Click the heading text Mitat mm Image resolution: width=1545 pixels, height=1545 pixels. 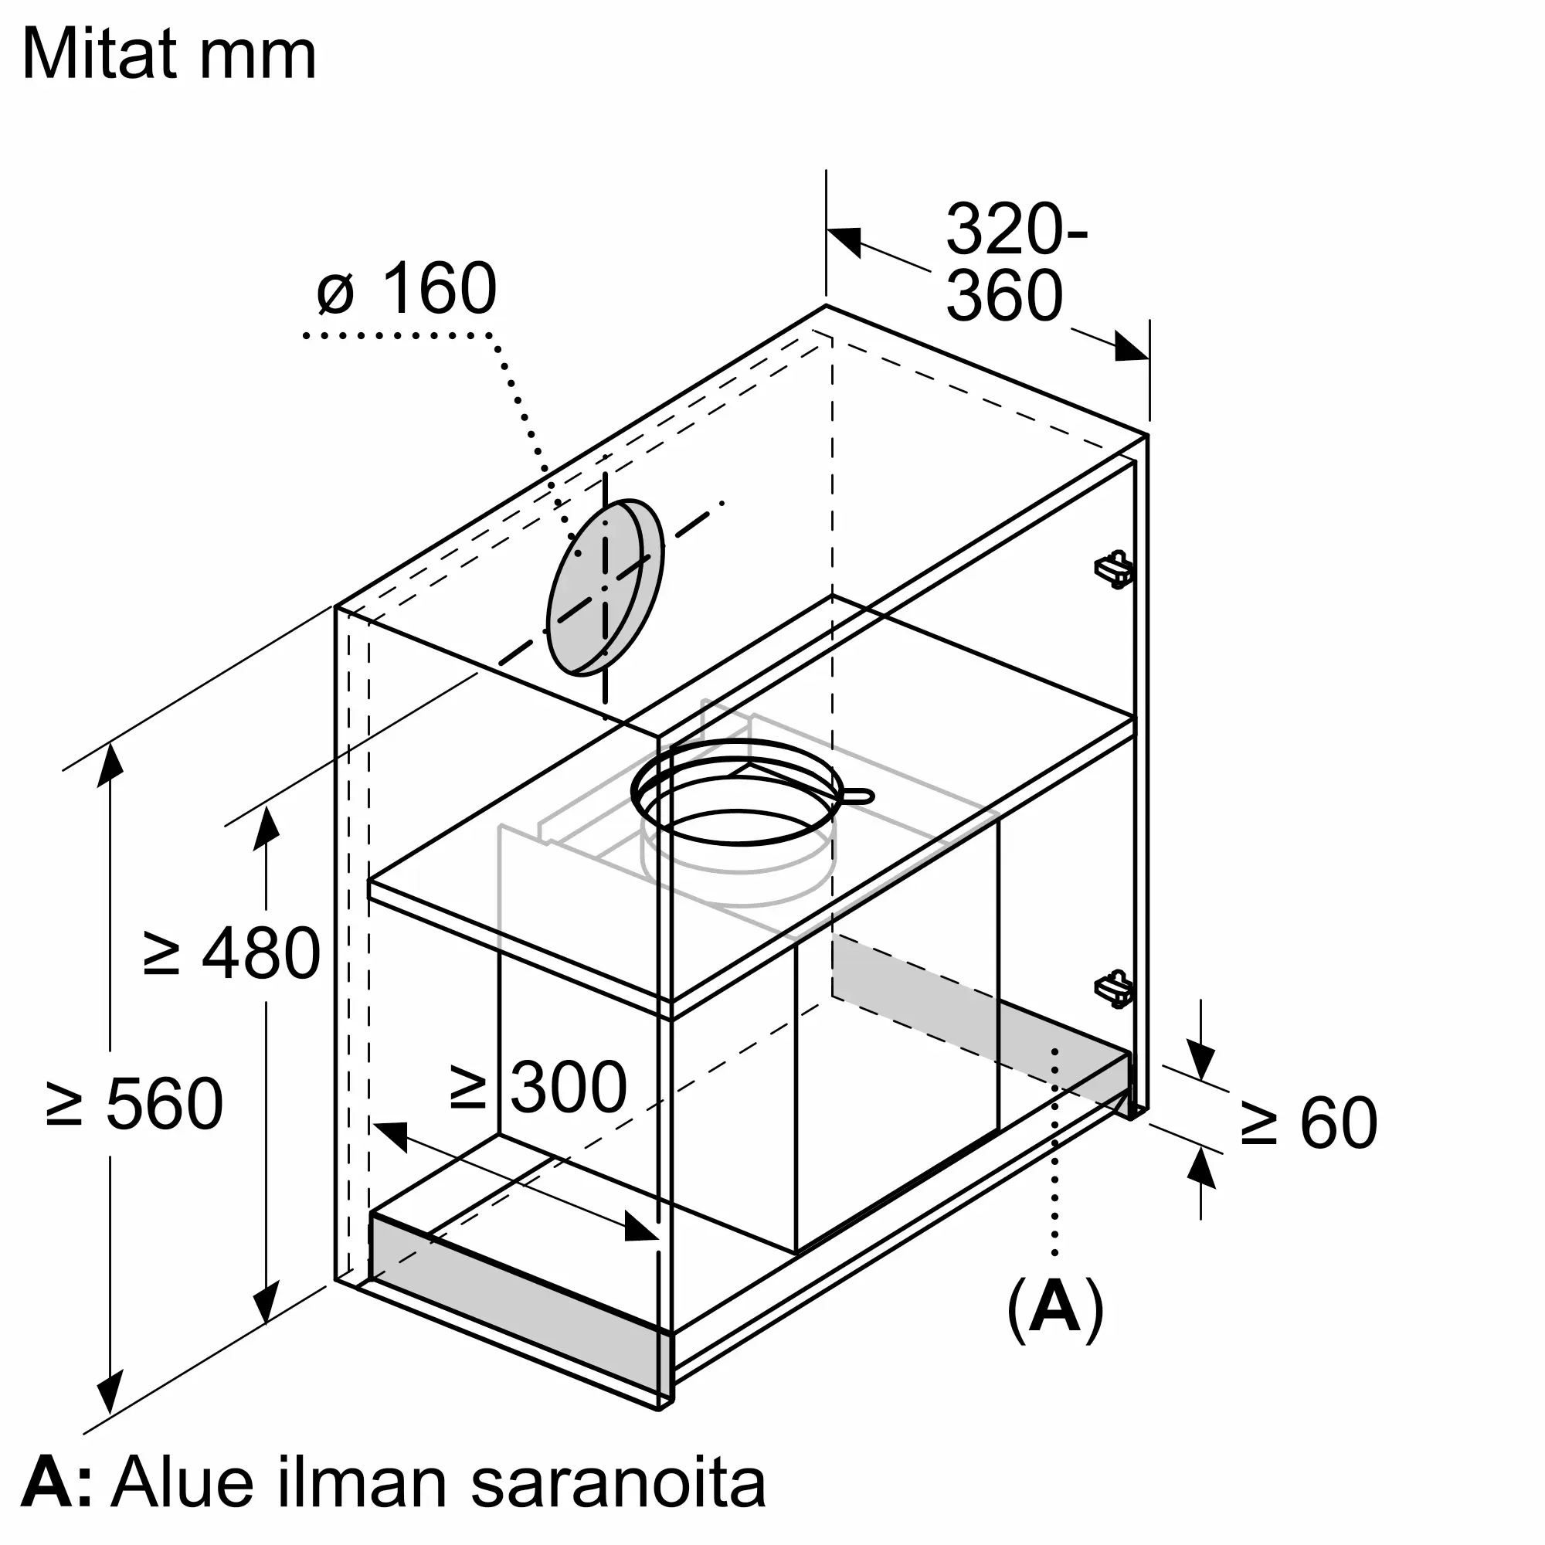169,54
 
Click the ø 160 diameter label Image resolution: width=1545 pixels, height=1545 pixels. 407,289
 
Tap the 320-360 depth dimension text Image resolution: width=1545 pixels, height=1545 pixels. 1017,263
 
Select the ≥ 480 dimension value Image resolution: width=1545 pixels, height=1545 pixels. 232,952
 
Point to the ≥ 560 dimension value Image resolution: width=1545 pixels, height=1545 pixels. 134,1103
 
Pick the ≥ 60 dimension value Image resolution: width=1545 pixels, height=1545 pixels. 1309,1122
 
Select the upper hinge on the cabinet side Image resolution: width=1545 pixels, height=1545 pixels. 1114,569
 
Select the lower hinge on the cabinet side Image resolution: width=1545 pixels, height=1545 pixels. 1114,989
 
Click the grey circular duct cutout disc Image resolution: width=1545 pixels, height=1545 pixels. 596,588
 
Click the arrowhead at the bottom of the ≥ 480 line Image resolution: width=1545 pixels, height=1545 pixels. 266,1302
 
